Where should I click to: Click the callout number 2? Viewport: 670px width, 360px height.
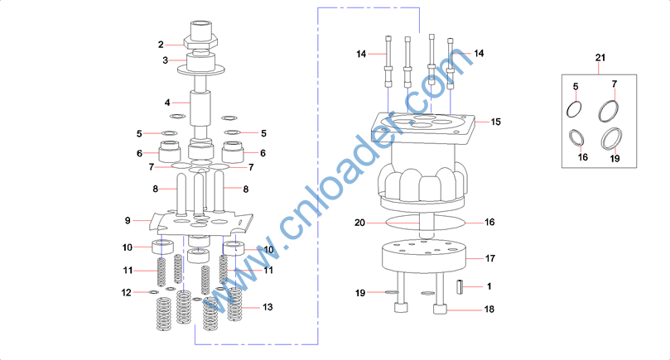[x=161, y=44]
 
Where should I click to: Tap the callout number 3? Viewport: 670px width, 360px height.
[x=165, y=60]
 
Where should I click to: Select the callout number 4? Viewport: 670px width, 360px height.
[x=166, y=103]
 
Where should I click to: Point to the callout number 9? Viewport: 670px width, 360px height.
[x=128, y=220]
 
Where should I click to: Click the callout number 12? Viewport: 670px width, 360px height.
[x=126, y=292]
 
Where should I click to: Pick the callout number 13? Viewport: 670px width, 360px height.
[x=267, y=307]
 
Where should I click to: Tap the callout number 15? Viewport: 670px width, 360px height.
[x=495, y=122]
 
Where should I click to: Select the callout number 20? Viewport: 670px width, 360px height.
[x=359, y=223]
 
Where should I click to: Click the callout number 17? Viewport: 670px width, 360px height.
[x=490, y=258]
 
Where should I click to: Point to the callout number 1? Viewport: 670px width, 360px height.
[x=489, y=286]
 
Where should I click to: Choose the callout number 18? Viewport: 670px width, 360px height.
[x=489, y=310]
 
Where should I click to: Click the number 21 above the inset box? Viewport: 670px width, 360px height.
[x=600, y=56]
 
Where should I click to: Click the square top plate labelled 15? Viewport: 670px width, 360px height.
[x=431, y=127]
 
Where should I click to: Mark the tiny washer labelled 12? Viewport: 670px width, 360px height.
[x=153, y=292]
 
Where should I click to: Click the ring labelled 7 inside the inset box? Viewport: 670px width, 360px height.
[x=610, y=108]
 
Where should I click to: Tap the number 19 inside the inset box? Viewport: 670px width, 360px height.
[x=615, y=157]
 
